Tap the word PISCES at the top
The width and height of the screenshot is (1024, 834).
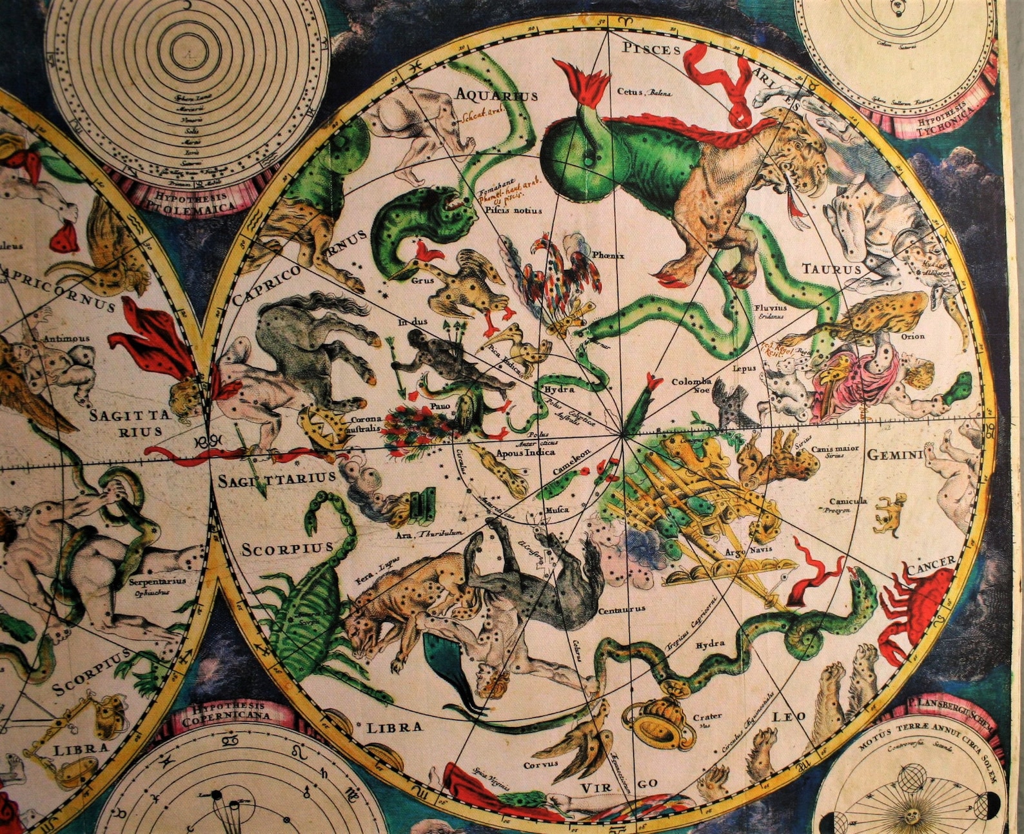[652, 49]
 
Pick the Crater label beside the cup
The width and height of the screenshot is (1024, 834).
[704, 716]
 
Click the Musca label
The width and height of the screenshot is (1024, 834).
[557, 510]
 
